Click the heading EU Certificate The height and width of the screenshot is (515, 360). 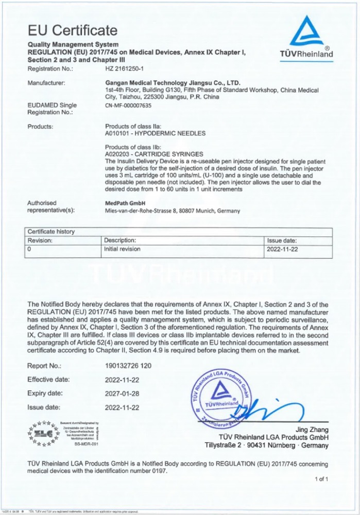[x=72, y=30]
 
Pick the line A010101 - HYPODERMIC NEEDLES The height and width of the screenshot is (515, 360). [x=155, y=133]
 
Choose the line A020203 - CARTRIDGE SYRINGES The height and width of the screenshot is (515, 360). [x=154, y=154]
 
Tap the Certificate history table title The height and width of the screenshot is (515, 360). [x=51, y=232]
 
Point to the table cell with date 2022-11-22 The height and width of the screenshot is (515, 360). [x=282, y=249]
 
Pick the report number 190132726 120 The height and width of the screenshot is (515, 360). [x=128, y=366]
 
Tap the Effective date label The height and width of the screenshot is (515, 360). [x=48, y=380]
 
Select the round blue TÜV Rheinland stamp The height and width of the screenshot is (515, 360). [x=221, y=399]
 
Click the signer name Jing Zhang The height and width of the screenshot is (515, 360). [x=311, y=430]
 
